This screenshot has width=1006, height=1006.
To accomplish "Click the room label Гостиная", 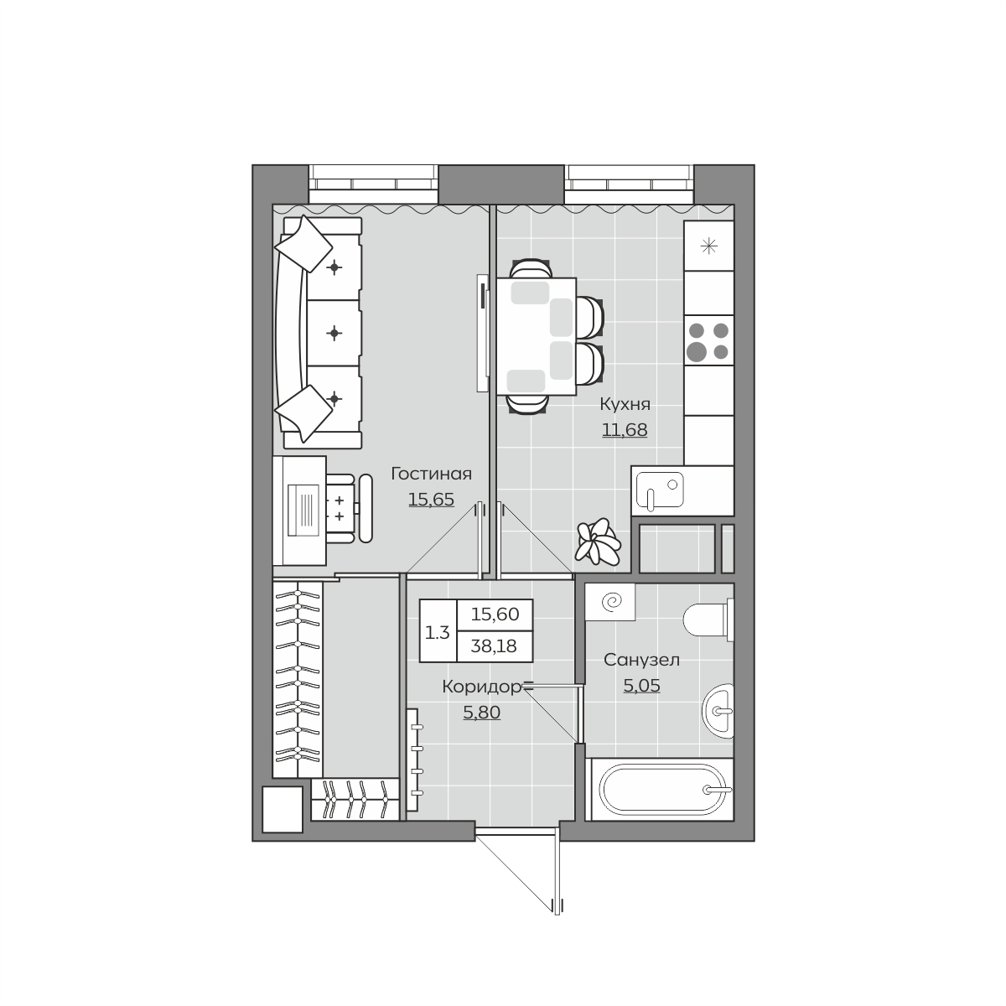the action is tap(431, 474).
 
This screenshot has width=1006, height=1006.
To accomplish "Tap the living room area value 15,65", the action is tap(431, 500).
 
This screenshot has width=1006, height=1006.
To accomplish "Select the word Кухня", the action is tap(625, 404).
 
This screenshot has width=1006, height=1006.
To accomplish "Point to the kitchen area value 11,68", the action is tap(625, 430).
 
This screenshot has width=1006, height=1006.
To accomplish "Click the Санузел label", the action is tap(641, 660).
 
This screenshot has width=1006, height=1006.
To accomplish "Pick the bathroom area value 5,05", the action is tap(641, 686).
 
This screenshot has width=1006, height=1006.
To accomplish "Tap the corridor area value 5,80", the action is tap(482, 712).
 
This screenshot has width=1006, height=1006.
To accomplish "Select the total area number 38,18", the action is tap(494, 646).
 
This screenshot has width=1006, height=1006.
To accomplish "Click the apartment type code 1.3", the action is tap(438, 633).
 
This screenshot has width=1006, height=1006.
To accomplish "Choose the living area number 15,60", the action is tap(495, 614).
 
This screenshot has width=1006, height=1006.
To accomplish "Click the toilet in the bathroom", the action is tap(708, 620).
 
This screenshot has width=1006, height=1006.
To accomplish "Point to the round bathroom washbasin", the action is tap(718, 711).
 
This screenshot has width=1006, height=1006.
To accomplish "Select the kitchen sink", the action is tap(657, 490).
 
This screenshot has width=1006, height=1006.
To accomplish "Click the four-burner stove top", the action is tap(708, 340).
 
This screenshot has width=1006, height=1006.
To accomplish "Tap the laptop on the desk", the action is tap(303, 510).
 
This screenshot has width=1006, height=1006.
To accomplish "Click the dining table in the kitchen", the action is tap(537, 336).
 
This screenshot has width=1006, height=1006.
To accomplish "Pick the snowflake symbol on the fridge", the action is tap(708, 246).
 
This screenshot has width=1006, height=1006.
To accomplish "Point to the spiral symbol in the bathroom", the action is tap(609, 602).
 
